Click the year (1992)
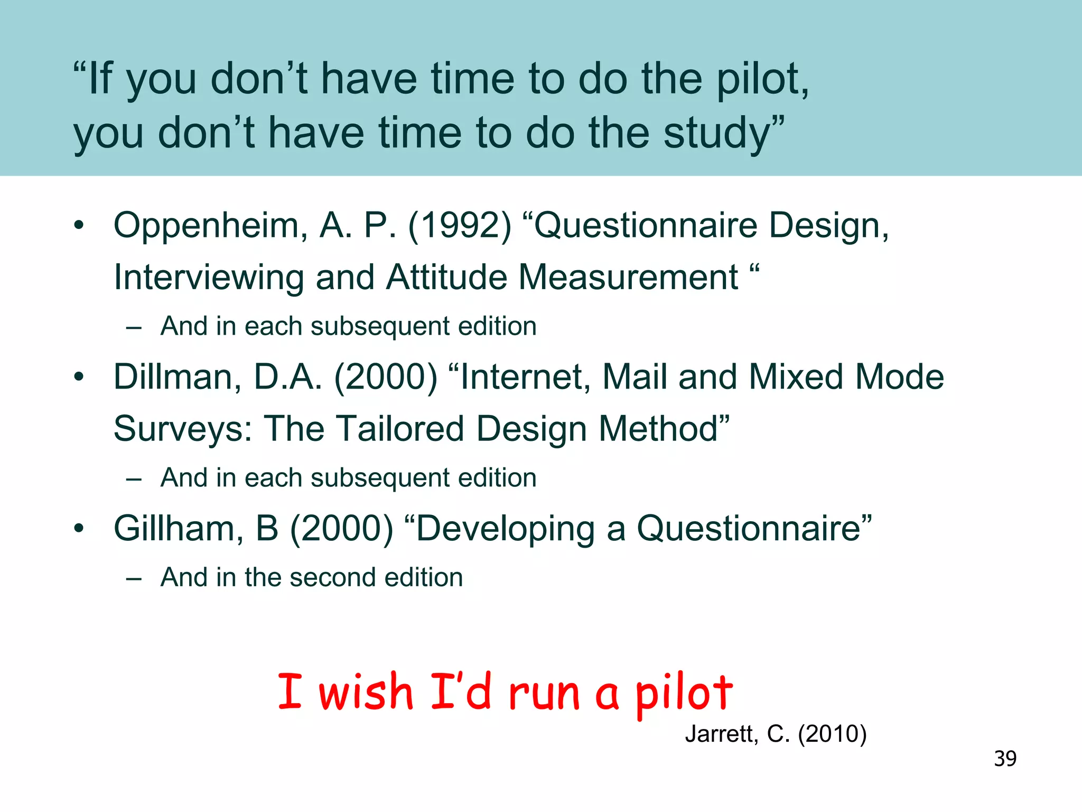click(x=460, y=226)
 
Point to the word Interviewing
click(x=209, y=278)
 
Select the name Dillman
click(x=178, y=377)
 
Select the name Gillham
click(x=179, y=529)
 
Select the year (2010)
click(x=832, y=734)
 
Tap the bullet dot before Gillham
click(x=79, y=528)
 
